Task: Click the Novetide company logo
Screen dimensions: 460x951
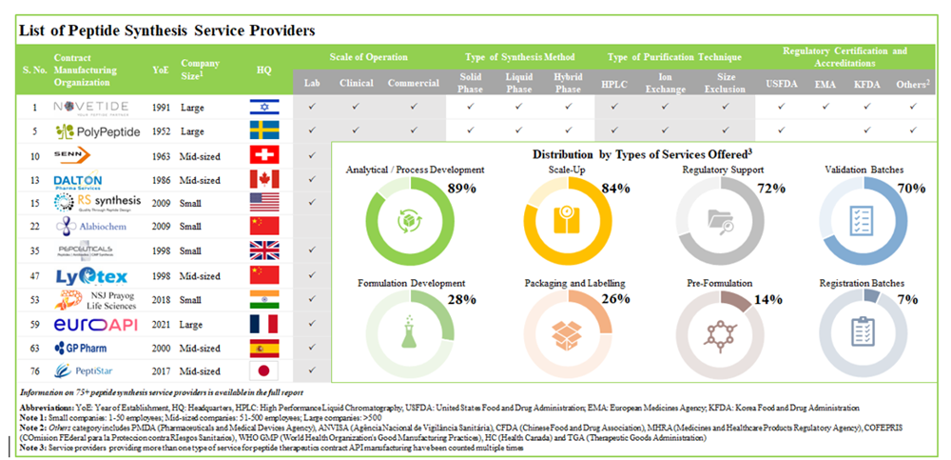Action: (x=93, y=108)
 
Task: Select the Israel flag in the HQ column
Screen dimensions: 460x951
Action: (x=263, y=108)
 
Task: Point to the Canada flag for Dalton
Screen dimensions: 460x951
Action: (x=263, y=179)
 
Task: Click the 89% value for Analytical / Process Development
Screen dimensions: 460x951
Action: (x=461, y=189)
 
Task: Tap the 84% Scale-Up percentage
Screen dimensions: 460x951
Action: (x=615, y=189)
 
